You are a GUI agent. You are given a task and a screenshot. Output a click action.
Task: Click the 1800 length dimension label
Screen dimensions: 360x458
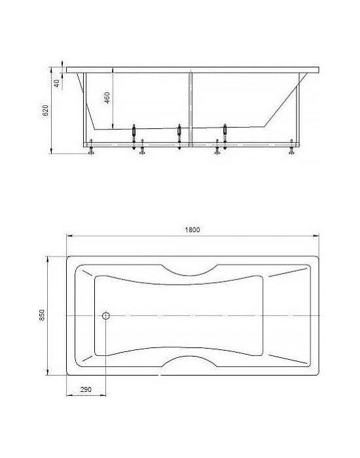click(192, 230)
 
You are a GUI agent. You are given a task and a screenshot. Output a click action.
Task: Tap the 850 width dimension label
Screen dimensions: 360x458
click(42, 315)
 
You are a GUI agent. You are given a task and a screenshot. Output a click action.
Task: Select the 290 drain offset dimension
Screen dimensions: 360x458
click(86, 389)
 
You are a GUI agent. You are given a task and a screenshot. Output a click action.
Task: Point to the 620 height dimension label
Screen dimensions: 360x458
click(46, 111)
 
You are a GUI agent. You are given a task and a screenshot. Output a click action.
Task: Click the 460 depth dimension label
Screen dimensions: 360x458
click(107, 97)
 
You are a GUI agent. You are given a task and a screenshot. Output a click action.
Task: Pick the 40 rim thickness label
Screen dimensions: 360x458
click(57, 83)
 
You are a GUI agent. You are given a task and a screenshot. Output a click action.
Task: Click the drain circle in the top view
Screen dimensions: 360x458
click(106, 315)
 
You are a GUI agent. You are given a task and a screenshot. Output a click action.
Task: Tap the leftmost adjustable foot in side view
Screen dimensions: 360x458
click(91, 147)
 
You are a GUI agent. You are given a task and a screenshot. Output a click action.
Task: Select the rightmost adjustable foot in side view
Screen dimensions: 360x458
click(292, 147)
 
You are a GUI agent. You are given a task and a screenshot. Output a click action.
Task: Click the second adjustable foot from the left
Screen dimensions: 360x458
click(142, 147)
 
